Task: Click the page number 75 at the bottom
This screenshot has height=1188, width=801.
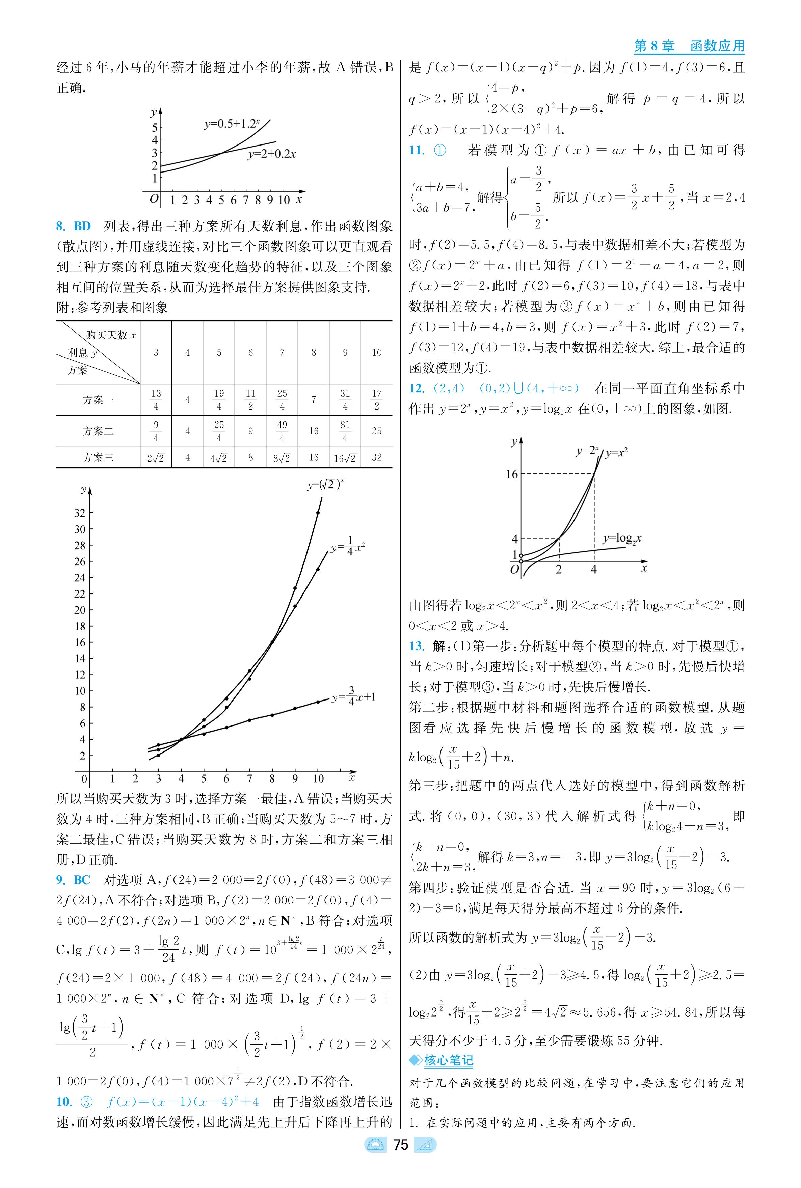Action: tap(400, 1145)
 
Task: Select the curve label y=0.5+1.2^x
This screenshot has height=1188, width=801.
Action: tap(232, 124)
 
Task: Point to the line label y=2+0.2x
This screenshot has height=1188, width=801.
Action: tap(272, 154)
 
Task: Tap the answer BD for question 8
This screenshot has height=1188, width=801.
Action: tap(82, 227)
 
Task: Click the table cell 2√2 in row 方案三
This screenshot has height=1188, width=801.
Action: tap(156, 458)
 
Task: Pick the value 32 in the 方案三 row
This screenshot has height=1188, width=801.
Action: tap(376, 457)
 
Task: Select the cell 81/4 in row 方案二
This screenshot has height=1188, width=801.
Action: tap(345, 431)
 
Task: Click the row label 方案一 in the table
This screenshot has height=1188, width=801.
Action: tap(98, 400)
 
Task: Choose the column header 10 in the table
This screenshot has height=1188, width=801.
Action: tap(376, 352)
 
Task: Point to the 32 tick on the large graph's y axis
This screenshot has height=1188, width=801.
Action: tap(80, 513)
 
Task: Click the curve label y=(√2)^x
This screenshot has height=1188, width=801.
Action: tap(325, 484)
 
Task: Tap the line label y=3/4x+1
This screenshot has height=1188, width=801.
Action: tap(353, 696)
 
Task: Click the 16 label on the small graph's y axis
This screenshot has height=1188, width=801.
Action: tap(511, 474)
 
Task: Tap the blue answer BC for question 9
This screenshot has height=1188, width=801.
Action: tap(82, 880)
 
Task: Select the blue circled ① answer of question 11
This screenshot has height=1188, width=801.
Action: tap(440, 150)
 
